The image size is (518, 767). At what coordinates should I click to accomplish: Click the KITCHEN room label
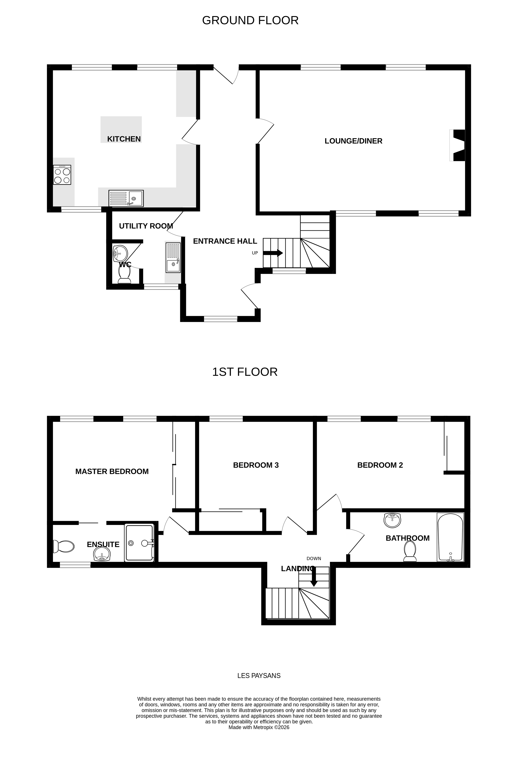click(124, 139)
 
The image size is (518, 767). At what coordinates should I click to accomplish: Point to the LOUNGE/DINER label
click(353, 141)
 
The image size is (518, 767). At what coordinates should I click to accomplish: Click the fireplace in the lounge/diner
click(458, 145)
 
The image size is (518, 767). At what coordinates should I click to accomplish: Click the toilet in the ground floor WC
click(124, 275)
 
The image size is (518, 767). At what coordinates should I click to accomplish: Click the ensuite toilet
click(64, 547)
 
